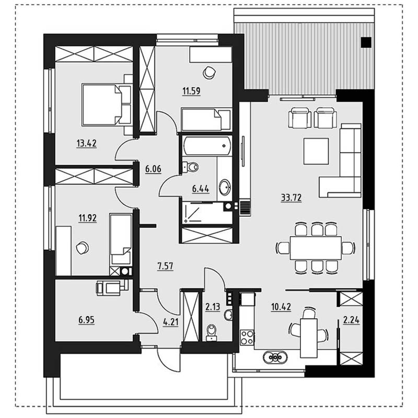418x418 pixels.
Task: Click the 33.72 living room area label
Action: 291,198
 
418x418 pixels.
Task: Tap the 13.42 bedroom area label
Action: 87,143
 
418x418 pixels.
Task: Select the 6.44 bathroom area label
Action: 201,189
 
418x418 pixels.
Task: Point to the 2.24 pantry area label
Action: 351,320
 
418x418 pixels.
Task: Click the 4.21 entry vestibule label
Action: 171,322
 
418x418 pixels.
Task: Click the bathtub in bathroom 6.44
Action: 207,146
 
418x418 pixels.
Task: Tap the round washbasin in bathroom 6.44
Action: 225,186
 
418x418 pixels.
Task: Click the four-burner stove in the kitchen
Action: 247,337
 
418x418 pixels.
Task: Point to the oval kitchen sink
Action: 275,357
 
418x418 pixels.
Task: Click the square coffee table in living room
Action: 316,151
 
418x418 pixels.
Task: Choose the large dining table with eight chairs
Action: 316,248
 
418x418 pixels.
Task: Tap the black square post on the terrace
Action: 366,42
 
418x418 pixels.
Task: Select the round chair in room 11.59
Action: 209,72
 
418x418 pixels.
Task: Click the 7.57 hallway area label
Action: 165,266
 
